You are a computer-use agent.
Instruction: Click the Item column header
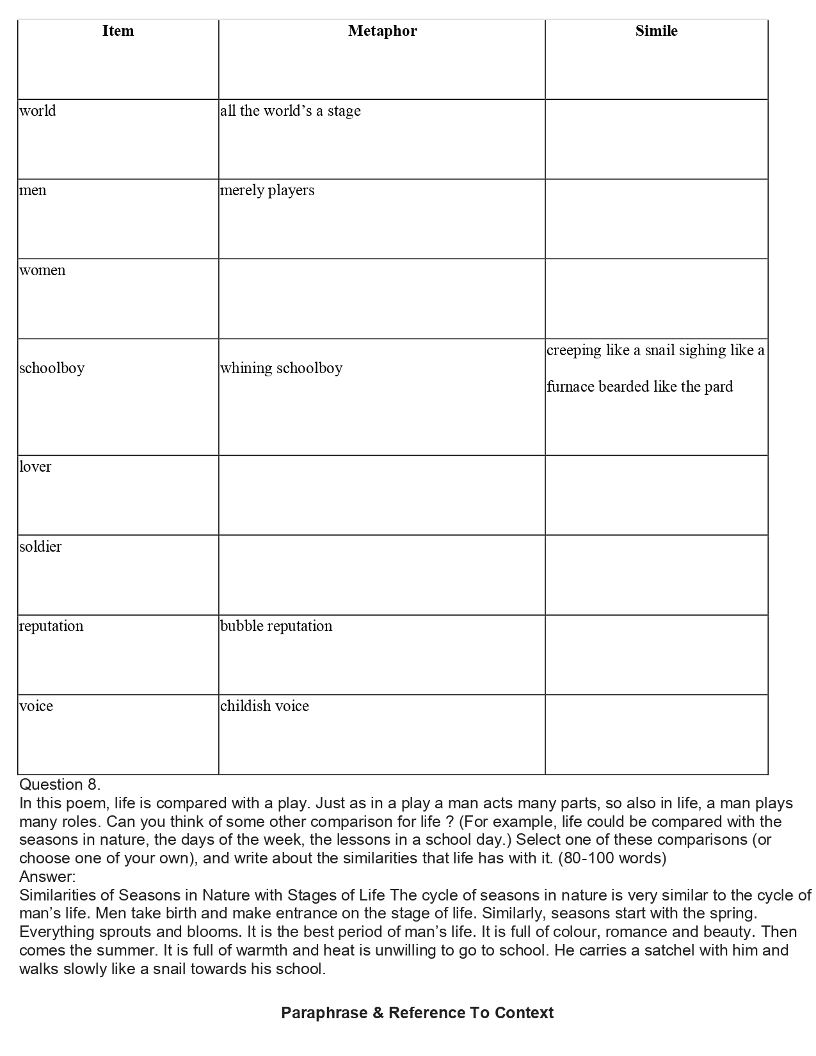tap(118, 31)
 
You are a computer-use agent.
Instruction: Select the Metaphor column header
tap(382, 31)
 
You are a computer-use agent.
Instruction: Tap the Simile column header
tap(656, 31)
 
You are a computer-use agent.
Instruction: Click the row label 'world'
tap(38, 111)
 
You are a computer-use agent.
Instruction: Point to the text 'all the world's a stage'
tap(291, 111)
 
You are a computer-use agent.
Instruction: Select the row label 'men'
tap(33, 191)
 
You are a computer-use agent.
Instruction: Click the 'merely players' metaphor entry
tap(268, 191)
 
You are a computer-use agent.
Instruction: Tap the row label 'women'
tap(42, 270)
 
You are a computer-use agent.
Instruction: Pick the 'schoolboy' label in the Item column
tap(52, 368)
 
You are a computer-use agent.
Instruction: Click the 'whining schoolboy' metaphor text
tap(282, 368)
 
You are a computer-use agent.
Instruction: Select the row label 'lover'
tap(35, 467)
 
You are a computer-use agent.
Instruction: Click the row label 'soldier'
tap(40, 547)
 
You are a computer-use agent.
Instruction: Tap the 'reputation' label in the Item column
tap(51, 626)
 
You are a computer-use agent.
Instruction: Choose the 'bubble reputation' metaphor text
tap(276, 626)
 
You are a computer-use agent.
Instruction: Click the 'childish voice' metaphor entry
tap(265, 706)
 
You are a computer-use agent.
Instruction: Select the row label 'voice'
tap(36, 706)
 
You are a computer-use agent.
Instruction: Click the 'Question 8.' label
tap(60, 785)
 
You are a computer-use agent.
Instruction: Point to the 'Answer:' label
tap(47, 876)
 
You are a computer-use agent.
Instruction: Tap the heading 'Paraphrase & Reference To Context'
tap(417, 1013)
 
